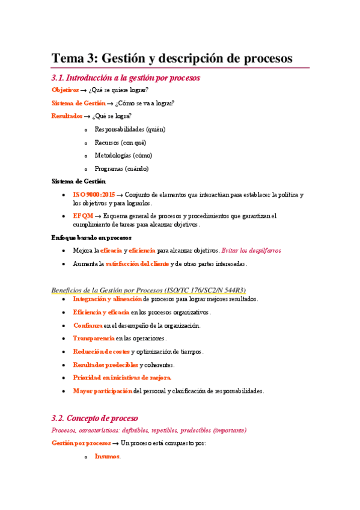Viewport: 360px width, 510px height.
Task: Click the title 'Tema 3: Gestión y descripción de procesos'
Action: point(172,58)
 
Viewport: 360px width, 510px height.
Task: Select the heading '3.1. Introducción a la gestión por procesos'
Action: point(126,78)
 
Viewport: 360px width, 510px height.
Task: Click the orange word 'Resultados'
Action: point(67,116)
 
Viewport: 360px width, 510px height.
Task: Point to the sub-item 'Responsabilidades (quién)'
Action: point(130,129)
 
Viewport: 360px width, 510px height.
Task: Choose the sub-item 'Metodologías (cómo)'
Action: point(123,155)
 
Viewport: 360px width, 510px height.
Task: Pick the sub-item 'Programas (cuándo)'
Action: point(121,168)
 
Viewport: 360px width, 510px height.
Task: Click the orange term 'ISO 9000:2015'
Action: point(94,195)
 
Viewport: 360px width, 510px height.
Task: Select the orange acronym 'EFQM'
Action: point(83,216)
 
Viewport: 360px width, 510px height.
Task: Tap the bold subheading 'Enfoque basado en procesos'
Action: point(91,238)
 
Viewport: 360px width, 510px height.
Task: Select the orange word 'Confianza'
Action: point(88,325)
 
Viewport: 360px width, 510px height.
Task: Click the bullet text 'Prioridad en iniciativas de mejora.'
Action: point(122,378)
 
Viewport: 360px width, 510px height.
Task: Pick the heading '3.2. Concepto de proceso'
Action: point(95,418)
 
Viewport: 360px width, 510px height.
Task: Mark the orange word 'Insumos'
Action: point(108,456)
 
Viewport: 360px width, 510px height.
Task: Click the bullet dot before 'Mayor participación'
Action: point(64,392)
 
